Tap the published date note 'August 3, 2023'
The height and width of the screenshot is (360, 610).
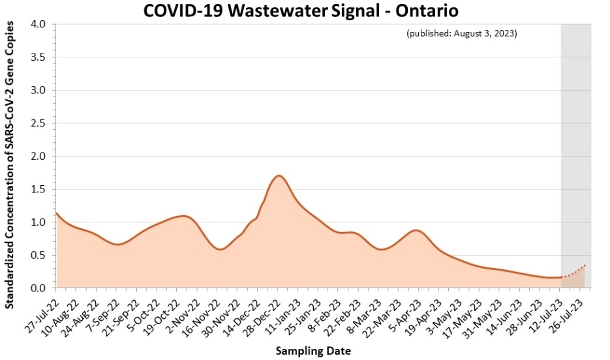coord(461,33)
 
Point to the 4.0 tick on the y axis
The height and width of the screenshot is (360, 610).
coord(38,24)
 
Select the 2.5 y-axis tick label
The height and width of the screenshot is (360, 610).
coord(38,123)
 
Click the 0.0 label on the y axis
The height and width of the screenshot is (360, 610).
coord(38,288)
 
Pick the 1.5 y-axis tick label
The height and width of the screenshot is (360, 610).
coord(38,189)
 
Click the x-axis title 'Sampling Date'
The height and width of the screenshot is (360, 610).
coord(313,351)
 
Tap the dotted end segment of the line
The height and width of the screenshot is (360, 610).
coord(575,272)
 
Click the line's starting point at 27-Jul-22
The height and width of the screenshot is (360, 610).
coord(57,213)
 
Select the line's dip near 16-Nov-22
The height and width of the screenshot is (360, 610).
coord(221,249)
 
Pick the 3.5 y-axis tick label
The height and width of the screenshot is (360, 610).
coord(38,57)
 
